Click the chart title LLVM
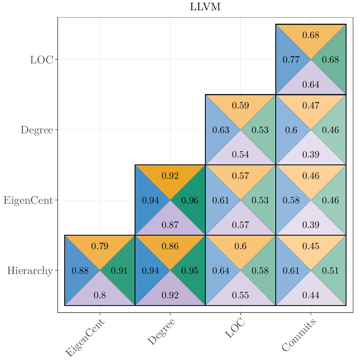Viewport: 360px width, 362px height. point(205,7)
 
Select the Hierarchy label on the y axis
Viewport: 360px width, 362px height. point(30,271)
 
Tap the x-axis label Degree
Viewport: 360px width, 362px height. point(161,332)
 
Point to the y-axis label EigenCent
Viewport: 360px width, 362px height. point(28,200)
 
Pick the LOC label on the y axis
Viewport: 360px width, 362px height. point(41,60)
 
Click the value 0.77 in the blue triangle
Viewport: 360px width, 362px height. point(291,60)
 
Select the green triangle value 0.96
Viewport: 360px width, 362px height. point(189,200)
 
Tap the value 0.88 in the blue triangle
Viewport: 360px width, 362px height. point(80,271)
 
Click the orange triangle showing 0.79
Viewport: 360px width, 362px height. point(100,246)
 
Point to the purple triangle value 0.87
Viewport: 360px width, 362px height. point(170,225)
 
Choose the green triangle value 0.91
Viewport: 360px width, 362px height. point(119,271)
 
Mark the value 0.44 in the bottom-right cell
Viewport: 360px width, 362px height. point(311,295)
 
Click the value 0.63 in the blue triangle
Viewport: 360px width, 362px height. point(221,130)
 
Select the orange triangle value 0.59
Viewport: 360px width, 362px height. point(241,106)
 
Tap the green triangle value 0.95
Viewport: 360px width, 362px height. point(189,271)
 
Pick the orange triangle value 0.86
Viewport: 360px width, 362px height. point(170,246)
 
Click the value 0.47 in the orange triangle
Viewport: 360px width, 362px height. point(311,106)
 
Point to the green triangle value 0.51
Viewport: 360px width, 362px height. point(330,271)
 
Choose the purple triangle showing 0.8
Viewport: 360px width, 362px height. point(100,295)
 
